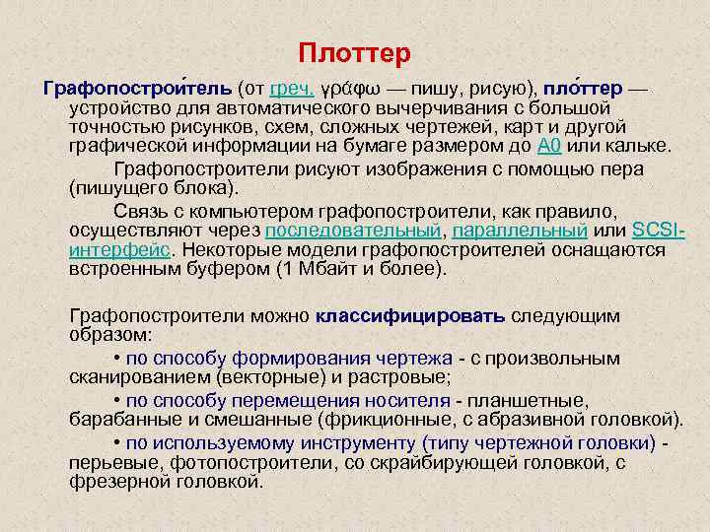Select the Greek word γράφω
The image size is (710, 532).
[353, 90]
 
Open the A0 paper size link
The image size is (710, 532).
[549, 148]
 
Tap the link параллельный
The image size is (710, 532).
[521, 232]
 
